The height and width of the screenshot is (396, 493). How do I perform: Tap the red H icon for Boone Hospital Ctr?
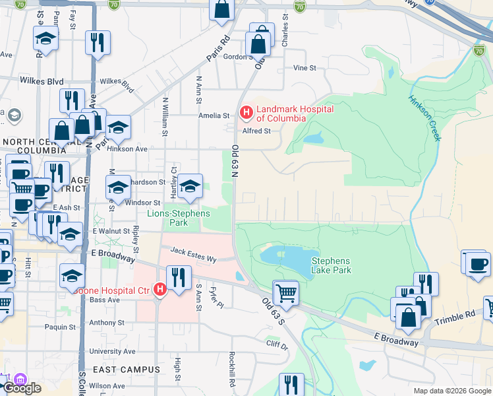coord(159,289)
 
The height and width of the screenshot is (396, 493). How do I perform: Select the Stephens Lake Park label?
coord(330,265)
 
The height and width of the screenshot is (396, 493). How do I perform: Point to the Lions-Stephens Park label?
coord(178,218)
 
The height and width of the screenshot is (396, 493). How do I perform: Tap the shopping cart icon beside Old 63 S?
coord(285,292)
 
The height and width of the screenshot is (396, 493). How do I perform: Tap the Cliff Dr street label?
coord(276,344)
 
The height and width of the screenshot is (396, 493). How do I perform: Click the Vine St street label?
coord(304,68)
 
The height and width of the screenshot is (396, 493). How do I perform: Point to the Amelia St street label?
coord(214,115)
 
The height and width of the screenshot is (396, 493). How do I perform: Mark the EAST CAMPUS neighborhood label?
coord(126,370)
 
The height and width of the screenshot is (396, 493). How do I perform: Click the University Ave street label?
coord(112,352)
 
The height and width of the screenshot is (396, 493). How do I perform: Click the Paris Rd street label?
coord(217,48)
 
